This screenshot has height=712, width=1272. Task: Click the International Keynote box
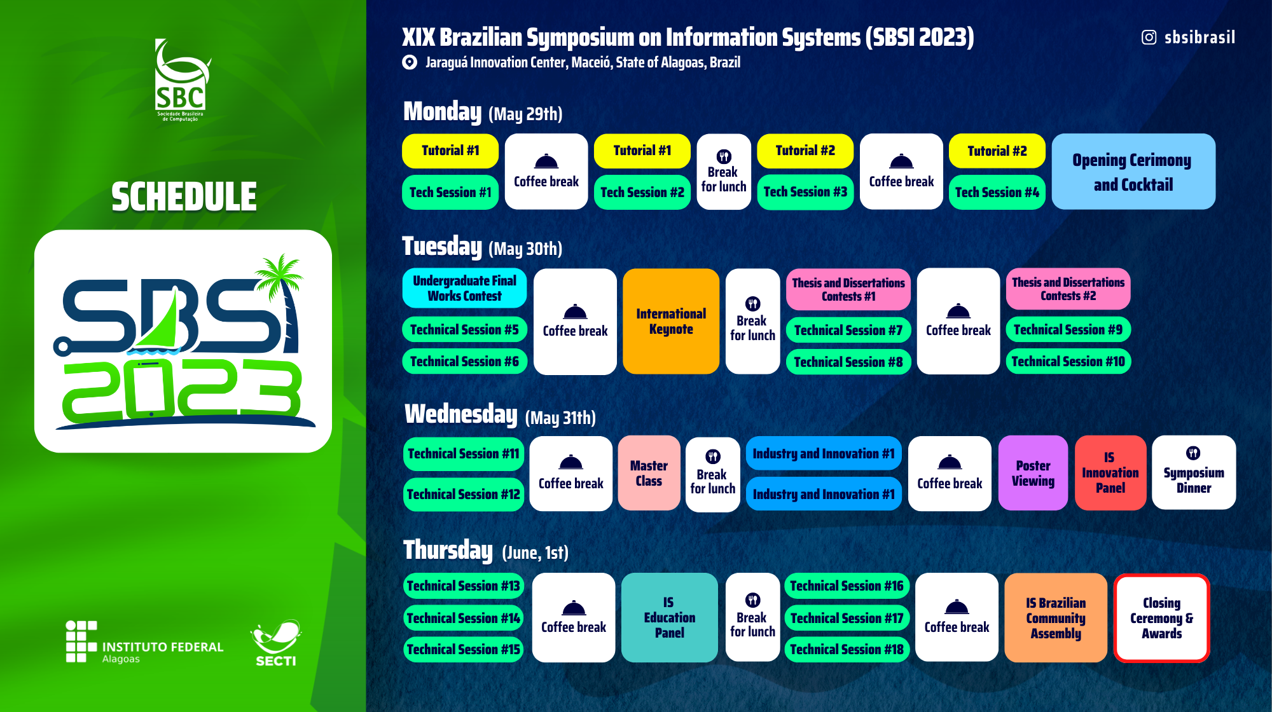tap(671, 321)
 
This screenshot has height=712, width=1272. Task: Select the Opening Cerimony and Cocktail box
tap(1133, 172)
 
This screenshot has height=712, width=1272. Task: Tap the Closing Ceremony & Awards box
tap(1161, 618)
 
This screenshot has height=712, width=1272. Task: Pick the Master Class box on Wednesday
tap(649, 473)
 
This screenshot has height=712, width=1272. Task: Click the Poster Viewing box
tap(1033, 473)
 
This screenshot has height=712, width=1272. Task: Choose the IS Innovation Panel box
tap(1110, 473)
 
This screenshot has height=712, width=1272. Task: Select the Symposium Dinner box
tap(1194, 473)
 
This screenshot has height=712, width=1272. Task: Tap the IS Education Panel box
tap(669, 618)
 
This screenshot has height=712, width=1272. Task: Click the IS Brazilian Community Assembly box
tap(1056, 618)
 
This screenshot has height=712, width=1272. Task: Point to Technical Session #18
tap(847, 650)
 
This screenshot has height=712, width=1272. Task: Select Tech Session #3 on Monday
tap(805, 192)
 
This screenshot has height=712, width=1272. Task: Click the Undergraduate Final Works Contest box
tap(464, 288)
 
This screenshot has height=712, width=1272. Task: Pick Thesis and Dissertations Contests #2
tap(1068, 289)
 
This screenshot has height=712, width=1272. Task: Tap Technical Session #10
tap(1068, 362)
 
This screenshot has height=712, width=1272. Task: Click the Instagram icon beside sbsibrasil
tap(1149, 38)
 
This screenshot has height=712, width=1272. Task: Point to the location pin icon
tap(410, 62)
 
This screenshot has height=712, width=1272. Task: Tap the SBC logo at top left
tap(181, 80)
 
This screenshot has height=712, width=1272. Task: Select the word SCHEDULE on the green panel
tap(184, 196)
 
